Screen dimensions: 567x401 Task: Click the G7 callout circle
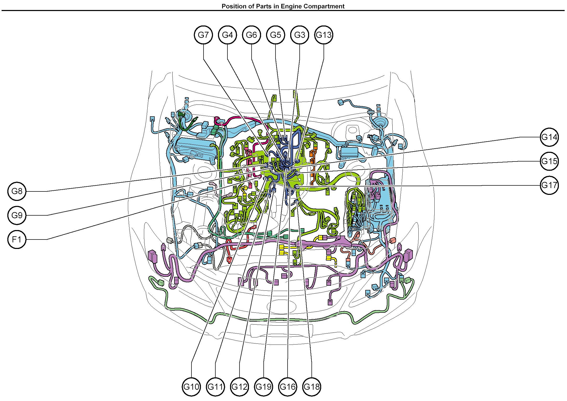pos(203,35)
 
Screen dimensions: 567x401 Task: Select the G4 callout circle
pos(227,35)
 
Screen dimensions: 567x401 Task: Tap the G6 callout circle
pos(252,35)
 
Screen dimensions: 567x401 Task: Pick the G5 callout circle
pos(275,35)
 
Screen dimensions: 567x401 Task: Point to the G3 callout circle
pos(300,35)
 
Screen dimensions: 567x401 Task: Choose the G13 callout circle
pos(324,35)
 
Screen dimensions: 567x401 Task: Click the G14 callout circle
pos(549,137)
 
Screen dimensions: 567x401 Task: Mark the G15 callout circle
pos(549,161)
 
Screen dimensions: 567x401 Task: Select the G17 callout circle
pos(549,185)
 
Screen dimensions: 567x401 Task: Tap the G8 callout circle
pos(17,191)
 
